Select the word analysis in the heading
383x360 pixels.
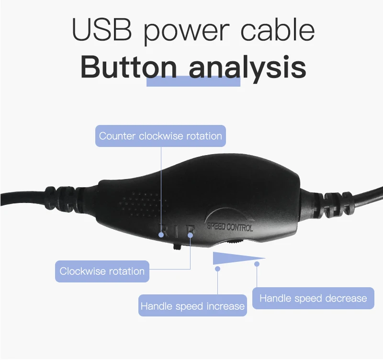(x=247, y=68)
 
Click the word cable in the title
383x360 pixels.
(x=277, y=30)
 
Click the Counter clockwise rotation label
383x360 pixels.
(x=160, y=136)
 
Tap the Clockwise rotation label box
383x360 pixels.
(x=102, y=271)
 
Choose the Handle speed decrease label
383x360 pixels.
(x=313, y=298)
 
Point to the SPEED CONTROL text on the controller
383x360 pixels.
(x=230, y=226)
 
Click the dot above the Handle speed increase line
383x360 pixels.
(x=218, y=269)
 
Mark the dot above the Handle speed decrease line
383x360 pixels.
(x=257, y=264)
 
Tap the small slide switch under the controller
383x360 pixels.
(x=177, y=247)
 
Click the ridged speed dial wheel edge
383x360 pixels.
(x=233, y=241)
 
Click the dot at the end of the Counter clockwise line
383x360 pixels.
(x=161, y=235)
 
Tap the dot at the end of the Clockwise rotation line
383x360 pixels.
(x=191, y=235)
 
